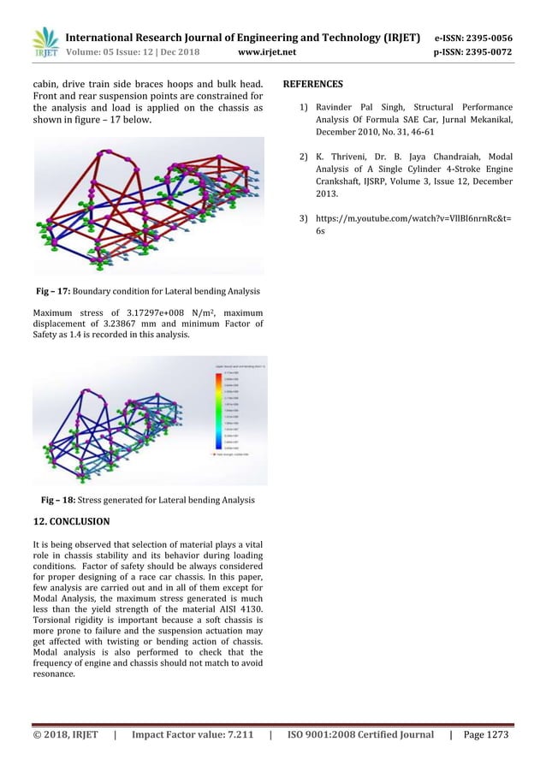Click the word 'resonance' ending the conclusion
click(x=54, y=674)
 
